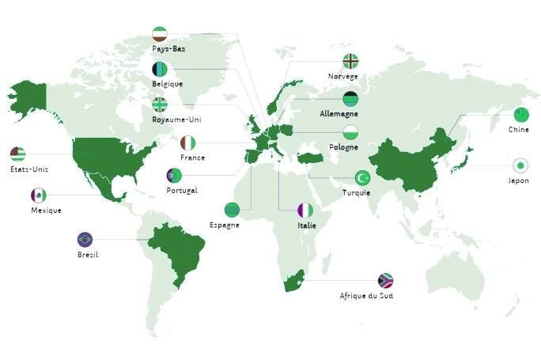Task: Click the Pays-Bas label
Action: [168, 48]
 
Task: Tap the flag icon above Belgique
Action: [160, 70]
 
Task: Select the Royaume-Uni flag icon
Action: [160, 104]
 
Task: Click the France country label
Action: [192, 157]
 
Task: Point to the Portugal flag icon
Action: [175, 176]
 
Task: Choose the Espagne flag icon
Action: [232, 210]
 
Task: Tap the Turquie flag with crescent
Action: [362, 177]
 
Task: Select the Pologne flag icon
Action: [350, 132]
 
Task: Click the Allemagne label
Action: [339, 113]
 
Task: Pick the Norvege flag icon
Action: [350, 62]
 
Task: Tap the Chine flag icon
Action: [520, 115]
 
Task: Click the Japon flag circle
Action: [520, 165]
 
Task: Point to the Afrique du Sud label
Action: [366, 295]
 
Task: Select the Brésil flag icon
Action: [85, 239]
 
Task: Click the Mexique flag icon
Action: [38, 195]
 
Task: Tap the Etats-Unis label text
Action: [29, 169]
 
